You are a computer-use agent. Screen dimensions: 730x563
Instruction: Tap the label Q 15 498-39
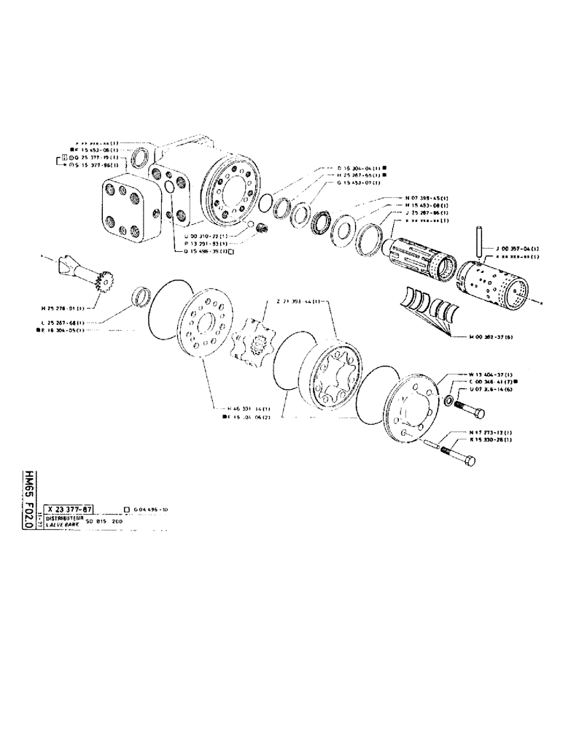[x=209, y=250]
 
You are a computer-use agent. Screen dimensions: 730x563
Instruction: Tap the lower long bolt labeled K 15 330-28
[x=457, y=456]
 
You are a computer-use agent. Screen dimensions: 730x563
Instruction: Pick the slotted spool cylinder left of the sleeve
[x=419, y=254]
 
